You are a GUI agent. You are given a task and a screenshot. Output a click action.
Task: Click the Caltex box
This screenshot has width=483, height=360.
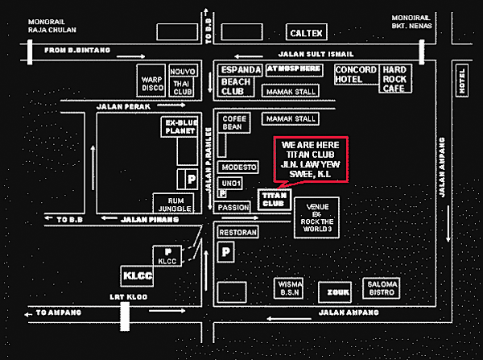point(307,33)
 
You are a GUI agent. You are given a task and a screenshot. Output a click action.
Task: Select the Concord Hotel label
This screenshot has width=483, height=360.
point(355,75)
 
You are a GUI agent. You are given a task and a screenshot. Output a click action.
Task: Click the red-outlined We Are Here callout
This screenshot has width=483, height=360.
point(312,159)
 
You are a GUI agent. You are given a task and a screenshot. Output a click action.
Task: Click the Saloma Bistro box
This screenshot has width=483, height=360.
point(382,288)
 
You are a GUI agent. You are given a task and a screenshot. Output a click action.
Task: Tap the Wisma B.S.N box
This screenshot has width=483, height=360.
point(289,288)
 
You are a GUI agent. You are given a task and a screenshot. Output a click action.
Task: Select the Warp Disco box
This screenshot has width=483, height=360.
point(152,84)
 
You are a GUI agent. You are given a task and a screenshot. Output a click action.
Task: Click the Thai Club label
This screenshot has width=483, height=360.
point(184,88)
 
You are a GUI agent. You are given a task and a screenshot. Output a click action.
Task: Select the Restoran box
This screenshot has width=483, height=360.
point(237,232)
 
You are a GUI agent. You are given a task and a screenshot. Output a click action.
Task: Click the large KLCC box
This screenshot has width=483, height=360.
point(133,275)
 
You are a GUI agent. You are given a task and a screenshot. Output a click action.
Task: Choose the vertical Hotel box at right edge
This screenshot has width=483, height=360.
point(461,81)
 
